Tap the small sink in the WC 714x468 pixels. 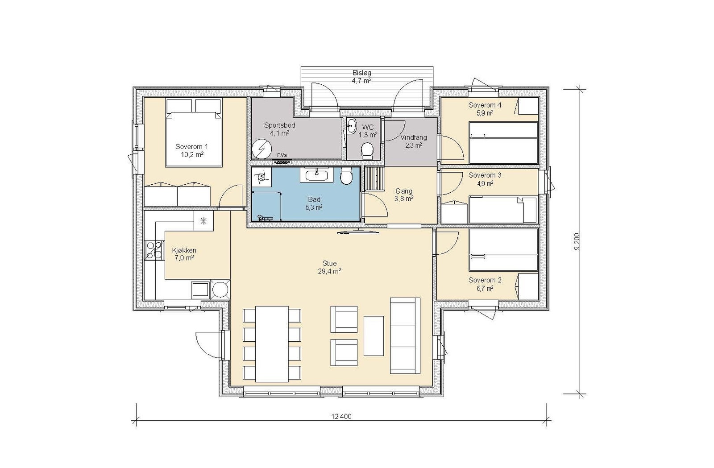pyautogui.click(x=352, y=125)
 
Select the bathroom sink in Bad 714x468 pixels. pyautogui.click(x=316, y=174)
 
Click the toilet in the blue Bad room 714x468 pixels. pyautogui.click(x=346, y=175)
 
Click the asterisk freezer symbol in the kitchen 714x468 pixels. pyautogui.click(x=203, y=220)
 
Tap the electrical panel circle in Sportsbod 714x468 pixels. pyautogui.click(x=262, y=149)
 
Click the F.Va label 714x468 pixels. pyautogui.click(x=282, y=155)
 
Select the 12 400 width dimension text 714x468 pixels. pyautogui.click(x=341, y=416)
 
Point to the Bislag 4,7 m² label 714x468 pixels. pyautogui.click(x=362, y=77)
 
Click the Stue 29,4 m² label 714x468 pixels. pyautogui.click(x=330, y=267)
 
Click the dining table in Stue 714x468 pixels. pyautogui.click(x=272, y=344)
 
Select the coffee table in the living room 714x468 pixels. pyautogui.click(x=374, y=336)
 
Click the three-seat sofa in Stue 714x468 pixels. pyautogui.click(x=405, y=335)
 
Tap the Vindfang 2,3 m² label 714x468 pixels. pyautogui.click(x=414, y=141)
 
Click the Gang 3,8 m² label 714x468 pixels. pyautogui.click(x=404, y=195)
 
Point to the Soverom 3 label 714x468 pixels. pyautogui.click(x=485, y=175)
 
